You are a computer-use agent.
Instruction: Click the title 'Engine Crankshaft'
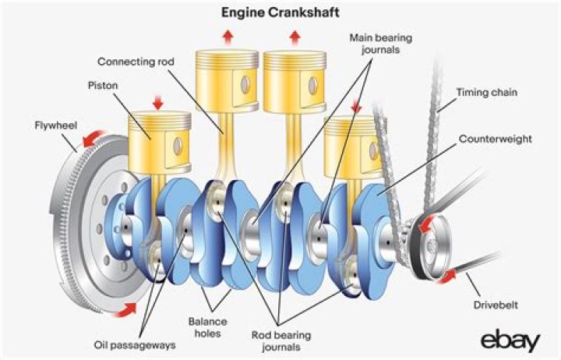tap(280, 14)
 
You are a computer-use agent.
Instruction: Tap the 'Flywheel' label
tap(53, 125)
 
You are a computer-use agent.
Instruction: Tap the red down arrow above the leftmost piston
tap(158, 103)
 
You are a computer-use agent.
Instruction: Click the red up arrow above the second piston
tap(228, 36)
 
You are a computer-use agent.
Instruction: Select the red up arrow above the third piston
tap(295, 36)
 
